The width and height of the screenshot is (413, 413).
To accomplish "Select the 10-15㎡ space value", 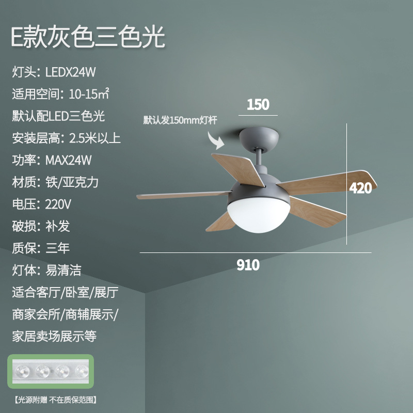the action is (85, 94).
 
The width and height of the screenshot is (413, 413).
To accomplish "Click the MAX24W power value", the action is (68, 160).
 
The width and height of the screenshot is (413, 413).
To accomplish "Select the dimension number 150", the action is (258, 104).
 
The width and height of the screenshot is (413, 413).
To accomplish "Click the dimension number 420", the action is (360, 188).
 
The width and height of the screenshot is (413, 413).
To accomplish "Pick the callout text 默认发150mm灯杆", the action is (180, 120).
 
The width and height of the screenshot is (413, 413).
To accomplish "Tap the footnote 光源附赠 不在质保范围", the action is (56, 400).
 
